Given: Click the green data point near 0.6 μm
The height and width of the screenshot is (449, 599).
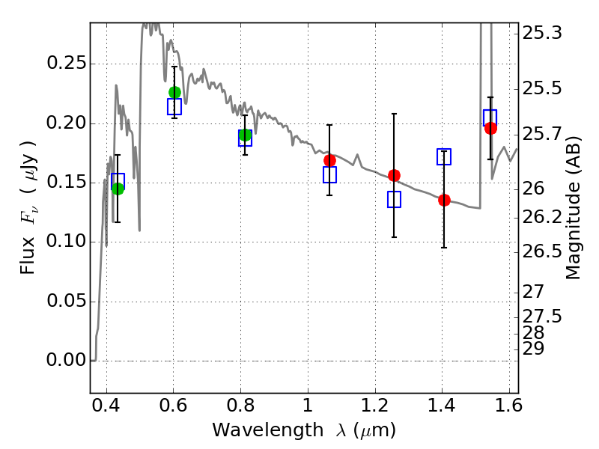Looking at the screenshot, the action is [174, 92].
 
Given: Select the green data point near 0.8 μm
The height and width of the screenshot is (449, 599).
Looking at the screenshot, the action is [246, 135].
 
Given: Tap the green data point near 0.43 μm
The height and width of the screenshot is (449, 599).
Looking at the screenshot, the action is [118, 189].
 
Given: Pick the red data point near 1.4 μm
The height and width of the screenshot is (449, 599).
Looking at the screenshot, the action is [444, 200].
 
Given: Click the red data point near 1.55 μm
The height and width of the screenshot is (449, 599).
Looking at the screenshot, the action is [491, 129].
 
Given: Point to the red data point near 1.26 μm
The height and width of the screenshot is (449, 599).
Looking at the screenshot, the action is [395, 176].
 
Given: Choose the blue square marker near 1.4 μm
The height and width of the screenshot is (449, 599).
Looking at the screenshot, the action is [444, 157].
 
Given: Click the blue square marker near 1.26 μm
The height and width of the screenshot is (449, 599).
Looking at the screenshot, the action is [395, 199].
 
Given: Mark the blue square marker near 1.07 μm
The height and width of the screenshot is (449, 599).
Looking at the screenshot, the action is [329, 174].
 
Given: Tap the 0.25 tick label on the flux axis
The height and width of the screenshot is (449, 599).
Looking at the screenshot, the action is [67, 63].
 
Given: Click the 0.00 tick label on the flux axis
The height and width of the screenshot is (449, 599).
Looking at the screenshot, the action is [67, 360].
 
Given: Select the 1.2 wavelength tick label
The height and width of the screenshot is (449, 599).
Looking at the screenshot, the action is [375, 406].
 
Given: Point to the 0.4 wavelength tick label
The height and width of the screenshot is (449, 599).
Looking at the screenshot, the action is [106, 406].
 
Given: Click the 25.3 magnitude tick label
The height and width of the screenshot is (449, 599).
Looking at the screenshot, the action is [542, 33].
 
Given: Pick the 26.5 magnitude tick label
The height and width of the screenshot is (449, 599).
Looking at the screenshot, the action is [542, 251].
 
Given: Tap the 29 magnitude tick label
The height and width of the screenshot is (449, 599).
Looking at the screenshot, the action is [533, 349].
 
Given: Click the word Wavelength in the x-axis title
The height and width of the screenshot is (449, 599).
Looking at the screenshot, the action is [268, 430].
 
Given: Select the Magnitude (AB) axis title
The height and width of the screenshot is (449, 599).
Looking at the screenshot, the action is [572, 208].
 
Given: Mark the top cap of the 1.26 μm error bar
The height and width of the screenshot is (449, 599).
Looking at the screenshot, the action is [395, 114].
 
